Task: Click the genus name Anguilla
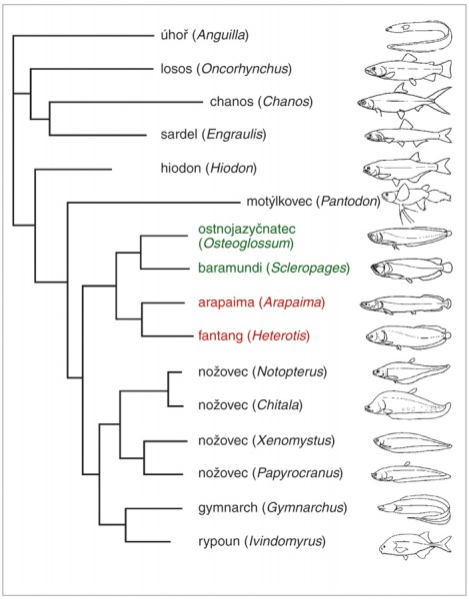pyautogui.click(x=221, y=36)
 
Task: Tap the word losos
pyautogui.click(x=176, y=69)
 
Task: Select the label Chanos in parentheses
pyautogui.click(x=286, y=102)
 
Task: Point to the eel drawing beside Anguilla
pyautogui.click(x=419, y=35)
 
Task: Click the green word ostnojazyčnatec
pyautogui.click(x=247, y=230)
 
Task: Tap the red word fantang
pyautogui.click(x=220, y=336)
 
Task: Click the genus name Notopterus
pyautogui.click(x=291, y=371)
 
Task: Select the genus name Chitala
pyautogui.click(x=278, y=405)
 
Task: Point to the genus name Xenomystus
pyautogui.click(x=294, y=440)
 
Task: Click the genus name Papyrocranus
pyautogui.click(x=298, y=473)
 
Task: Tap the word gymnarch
pyautogui.click(x=228, y=508)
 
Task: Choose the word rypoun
pyautogui.click(x=219, y=542)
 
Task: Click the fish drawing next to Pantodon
pyautogui.click(x=417, y=203)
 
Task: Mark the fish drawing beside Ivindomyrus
pyautogui.click(x=415, y=545)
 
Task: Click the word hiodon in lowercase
pyautogui.click(x=181, y=168)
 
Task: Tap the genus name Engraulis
pyautogui.click(x=235, y=135)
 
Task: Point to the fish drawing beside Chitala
pyautogui.click(x=407, y=405)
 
